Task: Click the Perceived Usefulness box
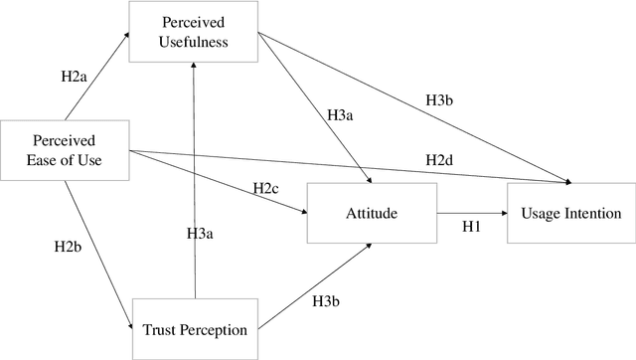(195, 33)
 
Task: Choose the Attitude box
(371, 213)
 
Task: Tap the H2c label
(264, 188)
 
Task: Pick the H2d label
(440, 159)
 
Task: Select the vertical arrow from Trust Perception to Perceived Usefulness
(195, 179)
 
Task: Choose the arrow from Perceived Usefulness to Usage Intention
(417, 109)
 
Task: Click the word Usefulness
(195, 43)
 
